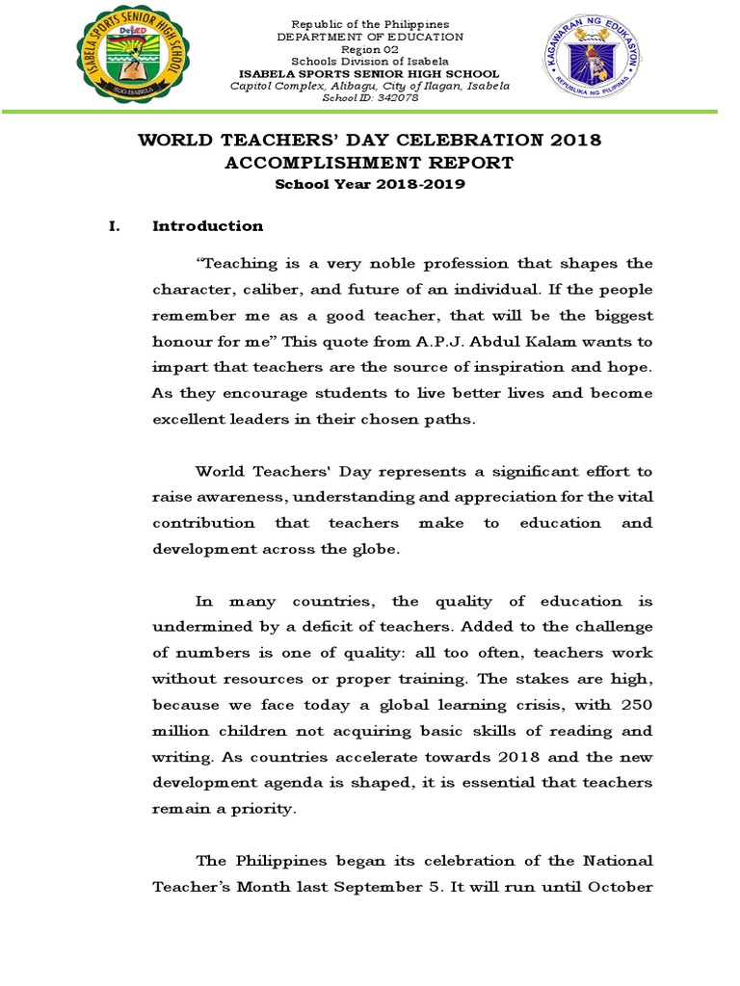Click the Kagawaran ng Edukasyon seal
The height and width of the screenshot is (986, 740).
point(585,61)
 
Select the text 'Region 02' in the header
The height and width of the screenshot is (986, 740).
point(370,49)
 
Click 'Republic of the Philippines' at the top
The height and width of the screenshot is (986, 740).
point(370,24)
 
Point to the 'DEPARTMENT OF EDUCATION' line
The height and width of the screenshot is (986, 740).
point(370,37)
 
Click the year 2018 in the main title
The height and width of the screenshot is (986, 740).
point(574,140)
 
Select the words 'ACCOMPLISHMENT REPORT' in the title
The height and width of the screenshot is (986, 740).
point(370,163)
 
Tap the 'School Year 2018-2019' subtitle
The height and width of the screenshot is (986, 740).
point(370,184)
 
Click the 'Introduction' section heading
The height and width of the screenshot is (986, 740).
point(207,226)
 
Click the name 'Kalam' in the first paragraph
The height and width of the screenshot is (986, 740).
point(517,341)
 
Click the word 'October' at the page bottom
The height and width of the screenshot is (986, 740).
point(621,887)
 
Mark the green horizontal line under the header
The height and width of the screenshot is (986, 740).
point(370,112)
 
